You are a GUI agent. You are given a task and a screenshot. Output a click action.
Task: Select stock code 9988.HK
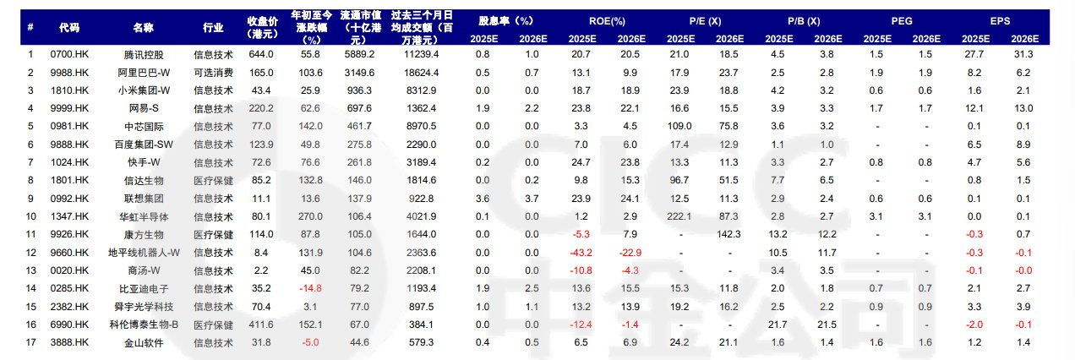click(70, 73)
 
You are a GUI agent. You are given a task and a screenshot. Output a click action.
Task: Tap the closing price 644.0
click(261, 55)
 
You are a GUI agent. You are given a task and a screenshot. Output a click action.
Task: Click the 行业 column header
click(214, 27)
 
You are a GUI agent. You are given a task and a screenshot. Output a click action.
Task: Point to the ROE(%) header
click(607, 20)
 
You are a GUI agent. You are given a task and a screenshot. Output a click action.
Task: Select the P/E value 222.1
click(680, 216)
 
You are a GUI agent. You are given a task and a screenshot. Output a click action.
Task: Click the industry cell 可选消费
click(214, 73)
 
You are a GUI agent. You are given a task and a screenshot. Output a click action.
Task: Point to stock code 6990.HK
click(70, 324)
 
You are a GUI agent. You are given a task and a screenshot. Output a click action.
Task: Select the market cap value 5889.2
click(359, 55)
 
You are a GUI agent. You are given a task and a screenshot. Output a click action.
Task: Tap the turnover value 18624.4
click(420, 73)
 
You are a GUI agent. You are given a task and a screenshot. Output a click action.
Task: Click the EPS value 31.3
click(1026, 55)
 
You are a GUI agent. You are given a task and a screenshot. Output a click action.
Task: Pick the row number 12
click(30, 252)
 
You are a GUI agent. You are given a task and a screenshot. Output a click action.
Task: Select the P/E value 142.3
click(729, 234)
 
